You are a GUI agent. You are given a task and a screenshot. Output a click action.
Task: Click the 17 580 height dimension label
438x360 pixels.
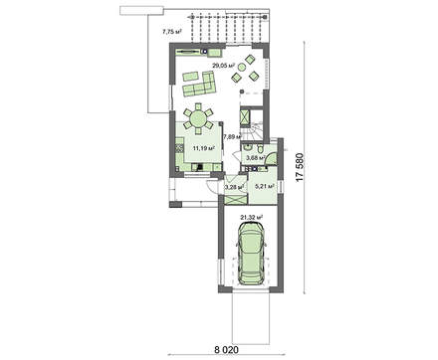[300, 167]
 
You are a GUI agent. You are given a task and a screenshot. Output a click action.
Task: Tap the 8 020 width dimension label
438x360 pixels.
[226, 349]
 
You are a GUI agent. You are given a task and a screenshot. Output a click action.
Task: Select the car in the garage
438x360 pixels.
[252, 253]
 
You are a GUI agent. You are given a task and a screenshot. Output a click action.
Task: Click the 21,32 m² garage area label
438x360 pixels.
[251, 217]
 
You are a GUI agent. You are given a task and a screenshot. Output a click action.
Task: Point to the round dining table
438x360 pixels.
[198, 118]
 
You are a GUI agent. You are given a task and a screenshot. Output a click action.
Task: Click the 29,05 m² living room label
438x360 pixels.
[224, 66]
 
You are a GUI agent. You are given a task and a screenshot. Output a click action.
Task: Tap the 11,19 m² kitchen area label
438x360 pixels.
[203, 148]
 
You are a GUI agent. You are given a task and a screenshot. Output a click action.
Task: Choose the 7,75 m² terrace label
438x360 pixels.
[171, 32]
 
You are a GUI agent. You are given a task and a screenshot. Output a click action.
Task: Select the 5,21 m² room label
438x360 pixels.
[265, 186]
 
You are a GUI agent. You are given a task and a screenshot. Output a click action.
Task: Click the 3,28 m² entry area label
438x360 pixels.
[235, 187]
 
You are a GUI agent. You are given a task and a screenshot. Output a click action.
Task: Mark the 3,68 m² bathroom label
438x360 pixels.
[255, 157]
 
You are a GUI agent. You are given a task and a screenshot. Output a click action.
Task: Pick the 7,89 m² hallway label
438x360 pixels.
[233, 136]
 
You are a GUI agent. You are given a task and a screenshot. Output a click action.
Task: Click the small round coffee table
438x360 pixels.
[242, 68]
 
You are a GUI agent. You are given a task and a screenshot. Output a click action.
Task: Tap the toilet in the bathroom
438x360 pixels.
[261, 146]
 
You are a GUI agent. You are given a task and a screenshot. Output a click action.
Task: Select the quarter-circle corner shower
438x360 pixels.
[271, 158]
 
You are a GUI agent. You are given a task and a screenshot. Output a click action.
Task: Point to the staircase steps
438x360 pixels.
[256, 130]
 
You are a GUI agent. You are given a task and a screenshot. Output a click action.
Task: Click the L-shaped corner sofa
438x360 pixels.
[199, 84]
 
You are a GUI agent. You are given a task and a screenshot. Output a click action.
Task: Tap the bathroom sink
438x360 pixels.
[247, 147]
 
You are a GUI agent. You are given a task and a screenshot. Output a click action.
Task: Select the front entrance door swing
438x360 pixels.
[212, 187]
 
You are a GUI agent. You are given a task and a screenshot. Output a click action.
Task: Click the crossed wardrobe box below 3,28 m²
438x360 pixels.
[236, 199]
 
